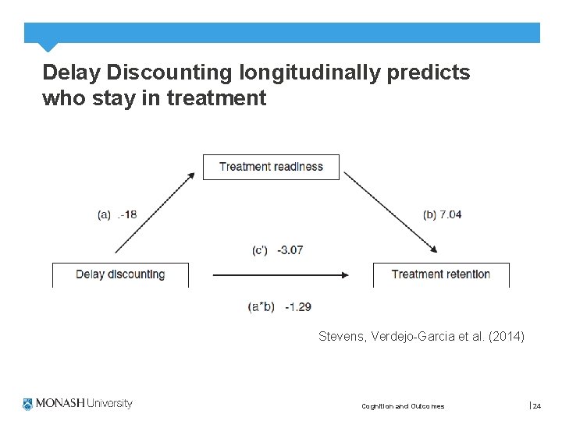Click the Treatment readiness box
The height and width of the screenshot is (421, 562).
(x=271, y=167)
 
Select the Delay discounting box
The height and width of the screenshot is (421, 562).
(x=120, y=274)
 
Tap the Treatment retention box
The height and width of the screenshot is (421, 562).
(x=441, y=274)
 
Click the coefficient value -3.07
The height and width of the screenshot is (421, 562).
(x=290, y=250)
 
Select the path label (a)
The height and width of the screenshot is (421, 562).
(x=104, y=214)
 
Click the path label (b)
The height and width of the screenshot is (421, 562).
(x=429, y=214)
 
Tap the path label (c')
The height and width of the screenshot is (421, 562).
(x=260, y=250)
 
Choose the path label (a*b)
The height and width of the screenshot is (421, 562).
(x=261, y=307)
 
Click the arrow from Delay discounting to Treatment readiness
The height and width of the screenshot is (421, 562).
(x=155, y=212)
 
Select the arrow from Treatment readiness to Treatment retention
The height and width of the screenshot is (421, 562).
(x=390, y=212)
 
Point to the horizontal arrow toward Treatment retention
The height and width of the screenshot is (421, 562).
(x=279, y=274)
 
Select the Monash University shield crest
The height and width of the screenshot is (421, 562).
(x=29, y=404)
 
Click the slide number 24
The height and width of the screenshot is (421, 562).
(x=537, y=405)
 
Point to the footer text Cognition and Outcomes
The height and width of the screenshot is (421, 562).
(x=403, y=406)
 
